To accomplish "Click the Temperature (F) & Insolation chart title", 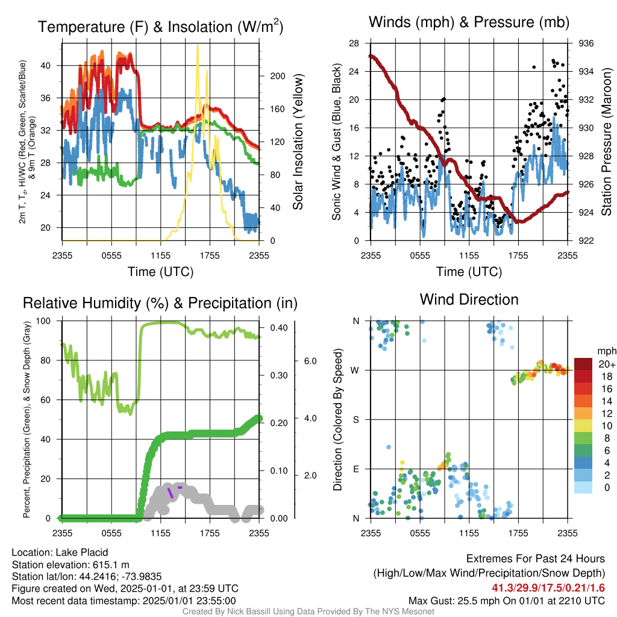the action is pyautogui.click(x=160, y=27).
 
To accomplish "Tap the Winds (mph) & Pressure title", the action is pyautogui.click(x=469, y=22).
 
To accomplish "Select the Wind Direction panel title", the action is pyautogui.click(x=469, y=299).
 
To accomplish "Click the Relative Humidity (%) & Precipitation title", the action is pyautogui.click(x=160, y=303).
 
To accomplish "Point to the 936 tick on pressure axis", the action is pyautogui.click(x=586, y=43).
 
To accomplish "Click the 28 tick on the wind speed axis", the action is pyautogui.click(x=354, y=43).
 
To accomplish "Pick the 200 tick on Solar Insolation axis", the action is pyautogui.click(x=277, y=76).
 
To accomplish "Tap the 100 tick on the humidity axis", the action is pyautogui.click(x=43, y=321).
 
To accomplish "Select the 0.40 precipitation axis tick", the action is pyautogui.click(x=279, y=327).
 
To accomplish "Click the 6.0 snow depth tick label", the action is pyautogui.click(x=310, y=361).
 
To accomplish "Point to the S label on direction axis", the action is pyautogui.click(x=355, y=419).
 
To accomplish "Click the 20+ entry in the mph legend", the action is pyautogui.click(x=607, y=364).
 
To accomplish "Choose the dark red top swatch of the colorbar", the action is pyautogui.click(x=583, y=364).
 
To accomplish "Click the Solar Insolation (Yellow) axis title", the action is pyautogui.click(x=298, y=142).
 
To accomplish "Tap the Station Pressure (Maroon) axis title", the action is pyautogui.click(x=606, y=142).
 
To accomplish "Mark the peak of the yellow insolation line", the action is pyautogui.click(x=198, y=45).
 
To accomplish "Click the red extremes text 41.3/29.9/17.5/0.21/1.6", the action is pyautogui.click(x=548, y=588).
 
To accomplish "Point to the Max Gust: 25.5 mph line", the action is pyautogui.click(x=506, y=601).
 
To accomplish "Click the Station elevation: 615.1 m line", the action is pyautogui.click(x=70, y=565).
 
